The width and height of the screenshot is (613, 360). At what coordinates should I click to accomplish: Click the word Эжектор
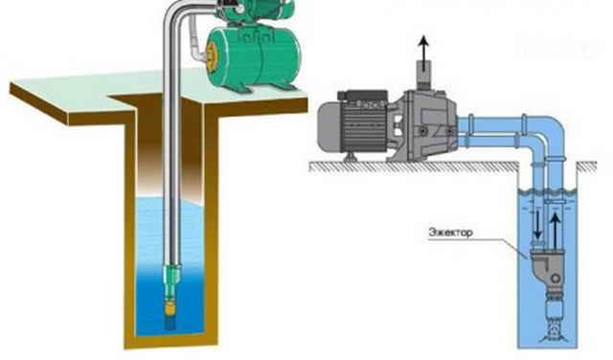tap(451, 233)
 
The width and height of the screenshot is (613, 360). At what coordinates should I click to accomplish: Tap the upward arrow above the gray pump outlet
tap(422, 48)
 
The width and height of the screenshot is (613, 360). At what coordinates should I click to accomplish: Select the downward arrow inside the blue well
tap(537, 224)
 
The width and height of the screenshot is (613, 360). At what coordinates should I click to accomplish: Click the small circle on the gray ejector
tap(556, 279)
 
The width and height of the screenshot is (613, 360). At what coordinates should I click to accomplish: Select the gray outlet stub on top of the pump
tap(423, 75)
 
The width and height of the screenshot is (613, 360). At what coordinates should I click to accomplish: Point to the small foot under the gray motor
tap(350, 157)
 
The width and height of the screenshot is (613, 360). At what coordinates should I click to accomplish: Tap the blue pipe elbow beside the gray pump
tap(547, 135)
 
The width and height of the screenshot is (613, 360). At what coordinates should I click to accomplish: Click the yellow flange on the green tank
tap(213, 56)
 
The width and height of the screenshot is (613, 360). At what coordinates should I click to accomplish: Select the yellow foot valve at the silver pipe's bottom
tap(170, 307)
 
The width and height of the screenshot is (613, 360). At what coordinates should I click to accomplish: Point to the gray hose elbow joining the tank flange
tap(196, 42)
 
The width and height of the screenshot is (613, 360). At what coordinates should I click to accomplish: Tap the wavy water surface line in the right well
tap(548, 191)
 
